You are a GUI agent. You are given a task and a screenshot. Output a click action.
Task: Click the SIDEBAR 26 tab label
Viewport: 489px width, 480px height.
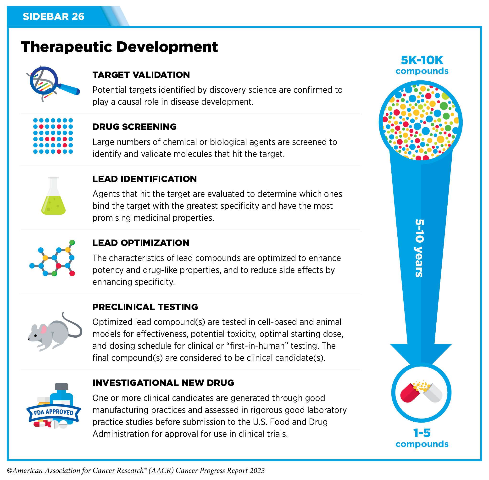[x=53, y=17]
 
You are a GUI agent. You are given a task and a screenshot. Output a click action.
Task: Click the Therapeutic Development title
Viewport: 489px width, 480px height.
[x=119, y=47]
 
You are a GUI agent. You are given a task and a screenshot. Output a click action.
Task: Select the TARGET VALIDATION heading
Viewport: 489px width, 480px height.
[x=141, y=75]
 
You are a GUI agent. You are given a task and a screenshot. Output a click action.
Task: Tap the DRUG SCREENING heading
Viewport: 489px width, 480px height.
[x=134, y=127]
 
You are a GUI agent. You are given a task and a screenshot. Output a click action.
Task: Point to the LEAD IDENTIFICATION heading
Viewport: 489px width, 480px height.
[x=144, y=179]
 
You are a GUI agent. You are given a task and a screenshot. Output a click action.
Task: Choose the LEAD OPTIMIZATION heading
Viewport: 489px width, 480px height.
[x=141, y=243]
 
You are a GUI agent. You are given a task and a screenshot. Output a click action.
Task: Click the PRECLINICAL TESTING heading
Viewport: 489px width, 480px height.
[x=145, y=307]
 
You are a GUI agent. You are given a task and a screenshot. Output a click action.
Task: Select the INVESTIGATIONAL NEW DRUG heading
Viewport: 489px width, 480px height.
[x=163, y=383]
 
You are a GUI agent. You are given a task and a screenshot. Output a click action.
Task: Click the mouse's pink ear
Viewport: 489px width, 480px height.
[x=44, y=329]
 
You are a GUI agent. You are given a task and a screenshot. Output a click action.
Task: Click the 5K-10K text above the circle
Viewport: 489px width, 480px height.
[x=422, y=61]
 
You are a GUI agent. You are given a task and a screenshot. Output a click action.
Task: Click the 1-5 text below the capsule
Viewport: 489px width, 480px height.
[x=422, y=433]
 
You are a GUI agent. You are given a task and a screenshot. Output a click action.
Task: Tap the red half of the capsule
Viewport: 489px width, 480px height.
[x=410, y=394]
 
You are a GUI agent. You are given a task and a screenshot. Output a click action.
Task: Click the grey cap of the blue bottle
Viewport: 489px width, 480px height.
[x=61, y=386]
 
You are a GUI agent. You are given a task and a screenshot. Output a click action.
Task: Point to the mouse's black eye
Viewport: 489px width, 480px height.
[x=36, y=336]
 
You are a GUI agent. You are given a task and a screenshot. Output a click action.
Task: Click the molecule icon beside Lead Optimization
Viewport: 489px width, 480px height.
[x=53, y=258]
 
